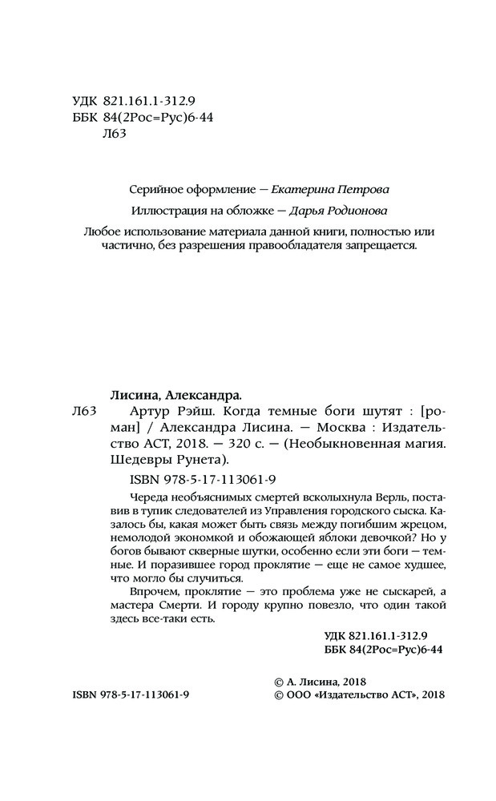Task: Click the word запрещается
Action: (x=379, y=246)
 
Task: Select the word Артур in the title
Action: (x=125, y=411)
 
